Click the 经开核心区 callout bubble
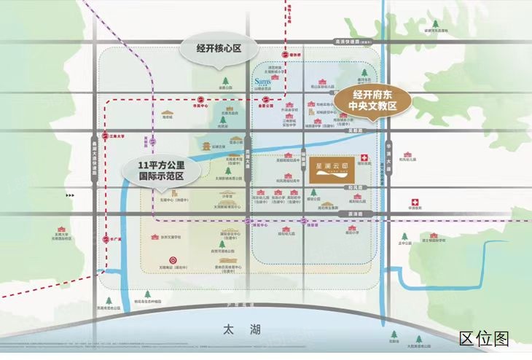218,49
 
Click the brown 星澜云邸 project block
330,166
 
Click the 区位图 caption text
484,338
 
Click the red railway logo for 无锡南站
173,259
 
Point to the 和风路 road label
358,187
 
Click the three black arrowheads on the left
70,195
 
